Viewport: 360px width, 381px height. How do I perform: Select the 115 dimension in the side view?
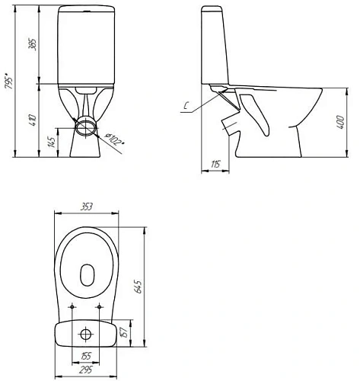click(x=215, y=163)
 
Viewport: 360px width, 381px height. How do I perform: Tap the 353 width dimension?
click(x=87, y=205)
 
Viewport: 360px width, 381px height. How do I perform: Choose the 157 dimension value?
click(x=124, y=332)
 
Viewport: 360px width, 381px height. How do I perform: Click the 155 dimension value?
click(x=87, y=357)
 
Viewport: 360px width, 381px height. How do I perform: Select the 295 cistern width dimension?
click(x=87, y=370)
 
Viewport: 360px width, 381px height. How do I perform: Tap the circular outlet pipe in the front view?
click(x=86, y=126)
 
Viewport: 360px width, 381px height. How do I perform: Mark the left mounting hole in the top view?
click(x=72, y=308)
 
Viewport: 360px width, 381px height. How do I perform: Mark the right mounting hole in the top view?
click(x=101, y=308)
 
